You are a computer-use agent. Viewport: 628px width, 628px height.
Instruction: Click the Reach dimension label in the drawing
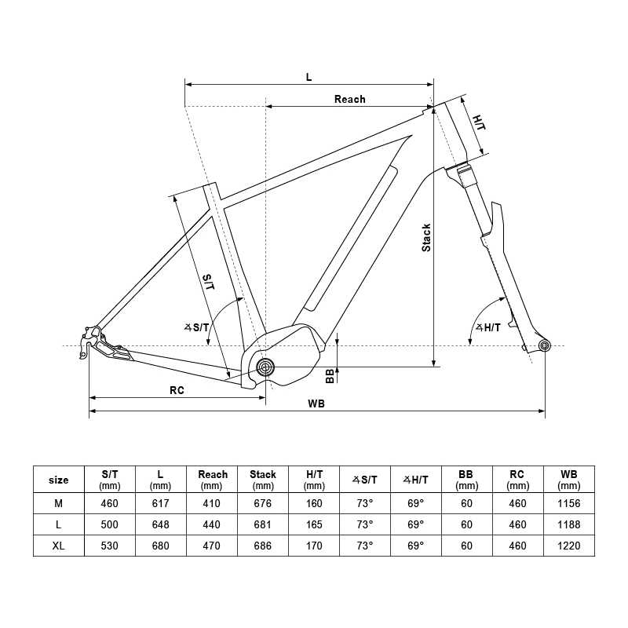tap(349, 99)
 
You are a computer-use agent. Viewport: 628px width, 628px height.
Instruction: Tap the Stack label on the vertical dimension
tap(426, 237)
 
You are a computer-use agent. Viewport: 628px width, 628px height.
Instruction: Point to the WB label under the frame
tap(317, 403)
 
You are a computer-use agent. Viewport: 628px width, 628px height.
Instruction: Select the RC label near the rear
tap(177, 390)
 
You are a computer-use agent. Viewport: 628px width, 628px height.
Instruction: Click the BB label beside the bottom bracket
tap(330, 375)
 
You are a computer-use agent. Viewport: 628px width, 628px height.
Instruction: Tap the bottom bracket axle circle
tap(265, 366)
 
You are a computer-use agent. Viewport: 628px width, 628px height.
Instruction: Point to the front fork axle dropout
tap(544, 345)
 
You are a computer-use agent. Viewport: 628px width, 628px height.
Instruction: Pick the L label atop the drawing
tap(309, 77)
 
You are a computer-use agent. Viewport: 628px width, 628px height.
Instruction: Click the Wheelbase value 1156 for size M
tap(569, 502)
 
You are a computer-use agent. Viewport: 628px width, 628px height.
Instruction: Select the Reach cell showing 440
tap(212, 524)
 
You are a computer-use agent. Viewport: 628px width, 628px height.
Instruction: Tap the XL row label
tap(58, 546)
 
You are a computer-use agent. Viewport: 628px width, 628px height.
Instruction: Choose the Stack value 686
tap(262, 546)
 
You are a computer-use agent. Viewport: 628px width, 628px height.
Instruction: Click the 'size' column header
tap(58, 480)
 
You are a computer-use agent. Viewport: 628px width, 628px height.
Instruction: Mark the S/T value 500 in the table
tap(109, 524)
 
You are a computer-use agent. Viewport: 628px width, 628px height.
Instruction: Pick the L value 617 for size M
tap(160, 502)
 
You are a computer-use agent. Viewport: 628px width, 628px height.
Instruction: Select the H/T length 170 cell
tap(314, 546)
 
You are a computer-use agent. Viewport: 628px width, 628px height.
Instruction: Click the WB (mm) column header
tap(569, 480)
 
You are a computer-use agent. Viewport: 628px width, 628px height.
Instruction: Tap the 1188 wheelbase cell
tap(569, 524)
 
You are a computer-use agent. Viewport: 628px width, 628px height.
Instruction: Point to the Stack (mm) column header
tap(262, 480)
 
